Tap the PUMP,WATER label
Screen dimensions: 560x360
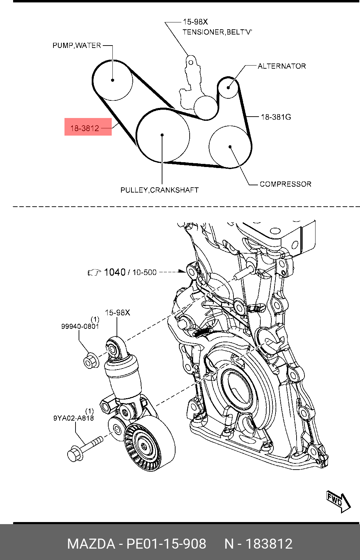pos(77,46)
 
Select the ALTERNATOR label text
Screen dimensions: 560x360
pos(281,66)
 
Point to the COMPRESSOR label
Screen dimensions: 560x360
pos(285,184)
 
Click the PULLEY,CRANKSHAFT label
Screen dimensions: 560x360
pos(159,190)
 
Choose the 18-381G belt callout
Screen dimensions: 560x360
pos(276,117)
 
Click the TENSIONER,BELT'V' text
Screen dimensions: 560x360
pos(217,32)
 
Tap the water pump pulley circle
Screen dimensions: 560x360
pos(113,80)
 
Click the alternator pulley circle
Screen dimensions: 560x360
pos(228,87)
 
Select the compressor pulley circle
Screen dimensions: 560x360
pos(230,147)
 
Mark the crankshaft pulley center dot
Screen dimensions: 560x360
pos(162,135)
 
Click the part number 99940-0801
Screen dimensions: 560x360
pos(80,326)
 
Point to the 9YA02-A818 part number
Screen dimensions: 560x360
pos(73,418)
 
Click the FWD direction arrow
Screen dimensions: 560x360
pos(338,501)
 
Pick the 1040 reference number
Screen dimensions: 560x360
pos(114,272)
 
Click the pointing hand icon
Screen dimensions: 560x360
pos(94,273)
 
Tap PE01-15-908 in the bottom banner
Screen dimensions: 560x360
pos(166,544)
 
